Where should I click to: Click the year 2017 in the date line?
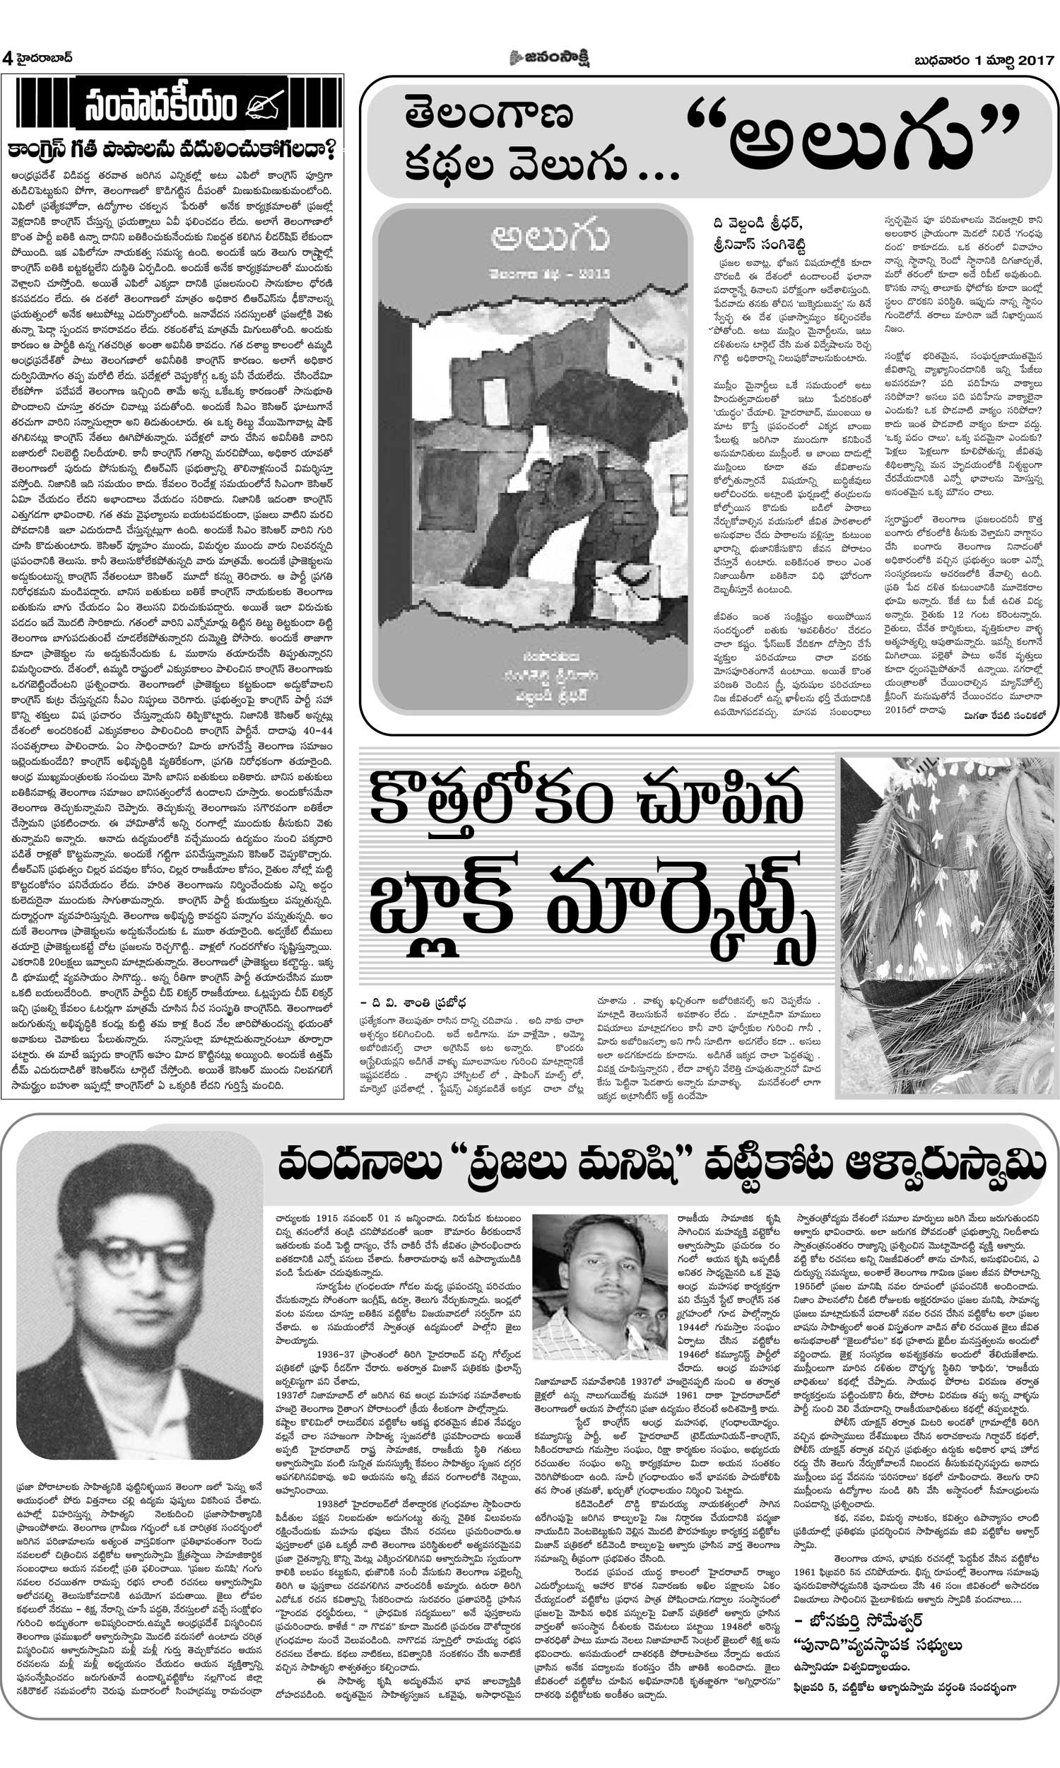point(1033,61)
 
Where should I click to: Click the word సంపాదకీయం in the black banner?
point(160,107)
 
